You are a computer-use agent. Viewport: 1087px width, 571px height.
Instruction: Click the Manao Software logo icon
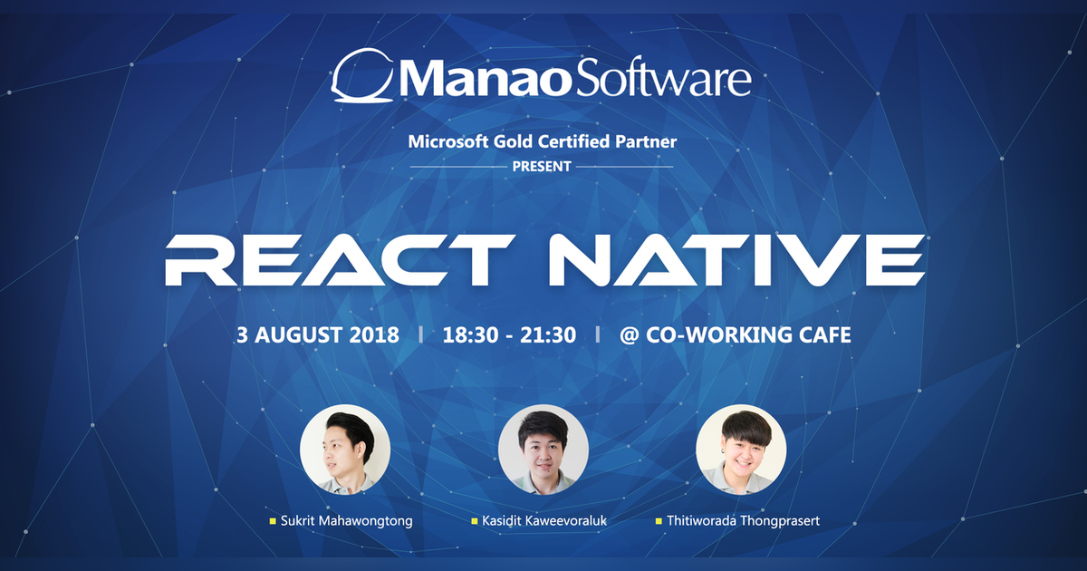[361, 77]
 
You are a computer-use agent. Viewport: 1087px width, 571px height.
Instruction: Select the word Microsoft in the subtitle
[446, 141]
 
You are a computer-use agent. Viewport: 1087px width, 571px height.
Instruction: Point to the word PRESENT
[542, 167]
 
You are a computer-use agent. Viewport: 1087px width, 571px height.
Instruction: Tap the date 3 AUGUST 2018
[317, 334]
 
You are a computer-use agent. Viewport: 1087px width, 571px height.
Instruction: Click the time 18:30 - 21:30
[509, 334]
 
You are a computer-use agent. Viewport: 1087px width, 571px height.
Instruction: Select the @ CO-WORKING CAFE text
[735, 334]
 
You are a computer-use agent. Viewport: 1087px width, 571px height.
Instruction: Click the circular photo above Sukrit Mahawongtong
[345, 450]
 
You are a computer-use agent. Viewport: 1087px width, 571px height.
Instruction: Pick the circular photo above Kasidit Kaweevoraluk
[543, 450]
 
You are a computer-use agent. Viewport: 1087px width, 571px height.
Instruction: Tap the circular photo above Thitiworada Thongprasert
[741, 450]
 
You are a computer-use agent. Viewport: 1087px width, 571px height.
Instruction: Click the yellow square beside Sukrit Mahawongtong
[272, 522]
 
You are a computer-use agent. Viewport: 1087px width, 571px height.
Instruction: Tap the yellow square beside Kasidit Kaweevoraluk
[474, 522]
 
